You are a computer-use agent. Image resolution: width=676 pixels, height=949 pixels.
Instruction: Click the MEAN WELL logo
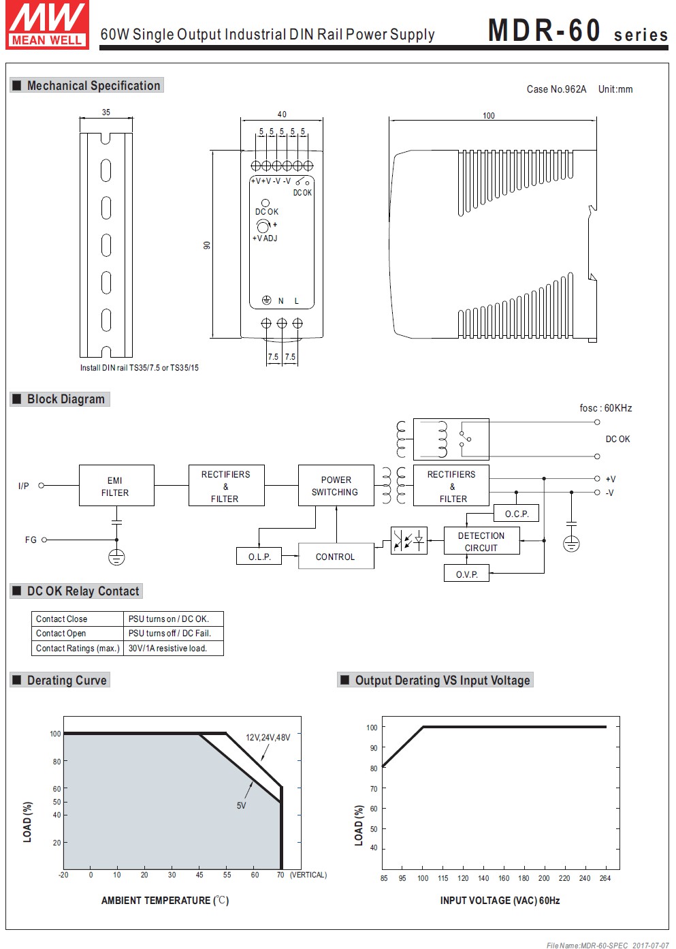(48, 25)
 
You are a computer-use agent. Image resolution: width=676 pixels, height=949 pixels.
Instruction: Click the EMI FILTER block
(116, 486)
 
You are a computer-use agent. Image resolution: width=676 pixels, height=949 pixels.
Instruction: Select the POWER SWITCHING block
(336, 486)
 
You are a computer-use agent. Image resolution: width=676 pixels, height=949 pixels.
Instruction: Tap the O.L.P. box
(259, 557)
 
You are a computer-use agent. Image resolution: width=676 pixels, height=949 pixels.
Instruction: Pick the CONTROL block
(336, 557)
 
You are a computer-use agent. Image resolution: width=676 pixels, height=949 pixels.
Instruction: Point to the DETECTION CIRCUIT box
(482, 541)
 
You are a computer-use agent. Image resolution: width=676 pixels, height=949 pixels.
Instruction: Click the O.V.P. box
(466, 574)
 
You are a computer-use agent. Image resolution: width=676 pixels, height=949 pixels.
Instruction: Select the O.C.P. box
(517, 514)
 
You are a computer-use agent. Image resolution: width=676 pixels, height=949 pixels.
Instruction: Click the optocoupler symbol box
(409, 541)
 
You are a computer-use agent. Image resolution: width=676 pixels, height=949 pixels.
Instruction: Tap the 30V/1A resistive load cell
(174, 648)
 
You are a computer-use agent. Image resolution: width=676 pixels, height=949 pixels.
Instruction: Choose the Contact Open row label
(61, 634)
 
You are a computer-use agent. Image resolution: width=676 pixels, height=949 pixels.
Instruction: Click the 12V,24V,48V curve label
(268, 738)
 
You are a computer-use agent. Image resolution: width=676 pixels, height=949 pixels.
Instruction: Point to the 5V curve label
(241, 805)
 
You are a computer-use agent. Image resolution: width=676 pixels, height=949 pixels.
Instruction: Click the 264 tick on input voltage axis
(605, 878)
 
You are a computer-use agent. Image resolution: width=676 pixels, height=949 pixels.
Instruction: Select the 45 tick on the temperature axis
(199, 875)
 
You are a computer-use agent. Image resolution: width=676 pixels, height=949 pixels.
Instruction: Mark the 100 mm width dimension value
(489, 116)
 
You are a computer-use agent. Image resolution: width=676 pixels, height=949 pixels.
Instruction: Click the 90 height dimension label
(206, 245)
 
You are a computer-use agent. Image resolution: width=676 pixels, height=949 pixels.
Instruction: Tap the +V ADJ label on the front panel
(265, 238)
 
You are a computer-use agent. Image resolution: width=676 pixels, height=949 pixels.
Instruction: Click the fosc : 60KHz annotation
(606, 408)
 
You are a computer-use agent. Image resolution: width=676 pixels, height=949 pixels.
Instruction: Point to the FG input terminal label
(31, 540)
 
